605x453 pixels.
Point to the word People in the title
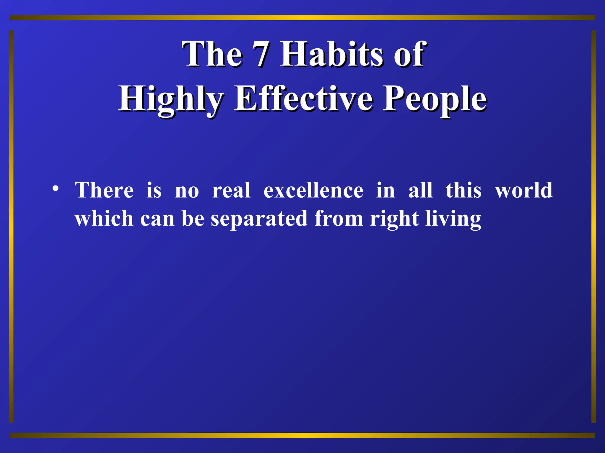click(435, 99)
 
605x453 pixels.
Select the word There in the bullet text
click(104, 190)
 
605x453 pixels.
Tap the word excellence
click(313, 190)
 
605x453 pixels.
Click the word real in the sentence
click(231, 190)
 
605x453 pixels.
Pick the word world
click(523, 190)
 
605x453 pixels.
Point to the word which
click(104, 219)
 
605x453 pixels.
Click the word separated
click(259, 219)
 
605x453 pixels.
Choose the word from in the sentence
click(339, 219)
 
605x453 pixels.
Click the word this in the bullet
click(463, 190)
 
